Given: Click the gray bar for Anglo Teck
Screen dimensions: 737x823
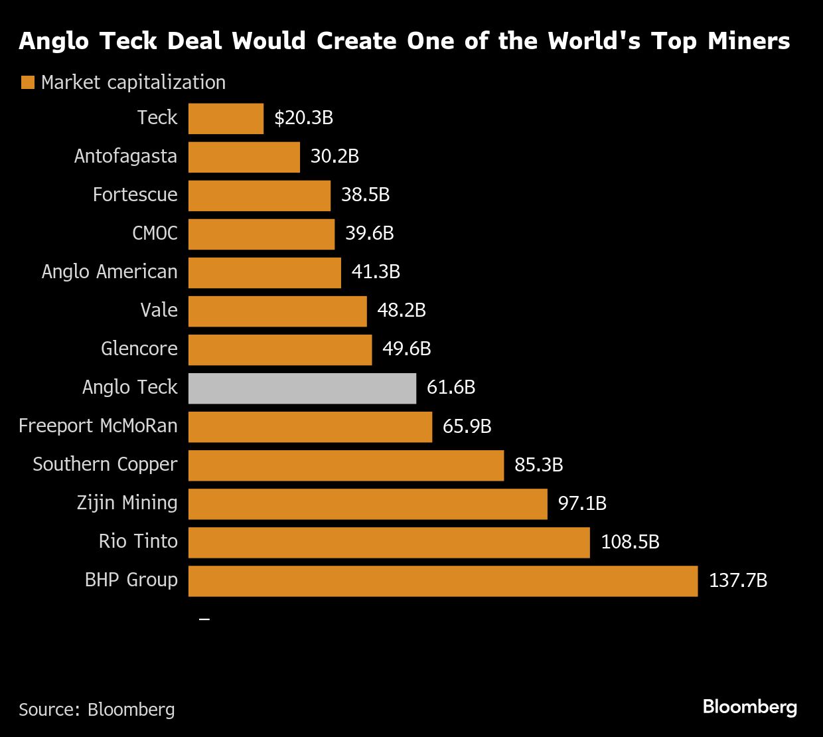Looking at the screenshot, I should (302, 388).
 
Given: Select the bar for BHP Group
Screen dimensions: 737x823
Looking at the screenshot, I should (443, 581).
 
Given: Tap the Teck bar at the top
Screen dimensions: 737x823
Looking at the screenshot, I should (226, 119).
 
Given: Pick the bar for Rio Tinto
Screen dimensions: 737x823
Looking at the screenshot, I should (389, 542).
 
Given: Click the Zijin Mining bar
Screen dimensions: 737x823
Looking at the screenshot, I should (368, 504).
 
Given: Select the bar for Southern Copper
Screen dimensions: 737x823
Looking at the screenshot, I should (346, 465).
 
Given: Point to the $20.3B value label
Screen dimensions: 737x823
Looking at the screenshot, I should (303, 118).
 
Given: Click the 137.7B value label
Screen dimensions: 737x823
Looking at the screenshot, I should (737, 581).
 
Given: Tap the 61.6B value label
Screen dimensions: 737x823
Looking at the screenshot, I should (451, 388).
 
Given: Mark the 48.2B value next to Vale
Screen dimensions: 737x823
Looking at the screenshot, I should (401, 311).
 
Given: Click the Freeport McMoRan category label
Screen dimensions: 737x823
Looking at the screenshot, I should (98, 426).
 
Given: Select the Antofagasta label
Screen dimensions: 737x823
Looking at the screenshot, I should (125, 157).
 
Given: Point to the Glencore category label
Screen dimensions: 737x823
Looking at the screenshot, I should (139, 349).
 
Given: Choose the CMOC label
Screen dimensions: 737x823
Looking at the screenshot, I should (155, 234).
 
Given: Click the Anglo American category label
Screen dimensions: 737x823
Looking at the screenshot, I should (110, 272).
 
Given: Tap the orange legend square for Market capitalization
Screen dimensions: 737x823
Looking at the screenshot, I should (27, 83).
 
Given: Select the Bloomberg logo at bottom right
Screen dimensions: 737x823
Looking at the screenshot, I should (749, 707).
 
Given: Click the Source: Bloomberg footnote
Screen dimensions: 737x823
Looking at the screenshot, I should (97, 710).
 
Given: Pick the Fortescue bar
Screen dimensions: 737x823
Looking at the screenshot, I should (260, 196).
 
